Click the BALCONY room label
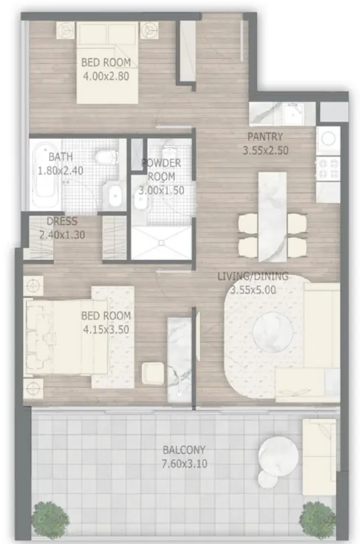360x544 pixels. (184, 450)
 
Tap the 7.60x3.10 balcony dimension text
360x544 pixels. (184, 464)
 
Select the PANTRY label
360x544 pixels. (265, 137)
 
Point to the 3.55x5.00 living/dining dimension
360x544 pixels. (254, 290)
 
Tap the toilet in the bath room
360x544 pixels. (107, 157)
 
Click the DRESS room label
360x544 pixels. (62, 221)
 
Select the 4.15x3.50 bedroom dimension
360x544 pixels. (106, 330)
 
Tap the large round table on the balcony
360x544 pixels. (278, 456)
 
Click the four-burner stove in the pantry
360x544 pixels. (328, 168)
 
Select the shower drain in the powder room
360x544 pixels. (161, 243)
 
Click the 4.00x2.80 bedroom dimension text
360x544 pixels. (106, 76)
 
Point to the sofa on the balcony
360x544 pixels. (320, 457)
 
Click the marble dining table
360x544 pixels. (273, 217)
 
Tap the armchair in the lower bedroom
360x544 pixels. (153, 373)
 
